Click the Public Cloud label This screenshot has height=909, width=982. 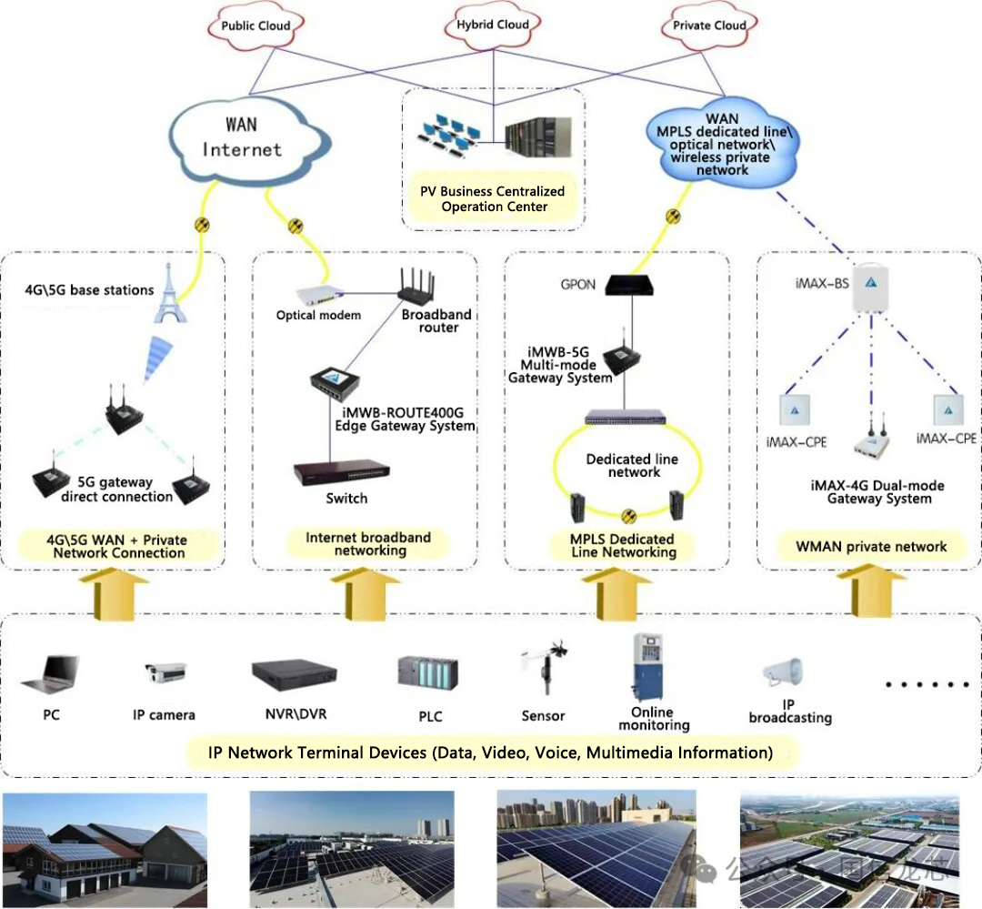[256, 25]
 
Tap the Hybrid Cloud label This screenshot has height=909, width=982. [494, 25]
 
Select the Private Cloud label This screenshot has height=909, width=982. [710, 25]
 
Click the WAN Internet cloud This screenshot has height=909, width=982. [241, 139]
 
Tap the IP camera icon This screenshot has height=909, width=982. [165, 674]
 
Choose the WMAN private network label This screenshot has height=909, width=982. [871, 547]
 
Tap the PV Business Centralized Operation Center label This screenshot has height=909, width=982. [492, 198]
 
